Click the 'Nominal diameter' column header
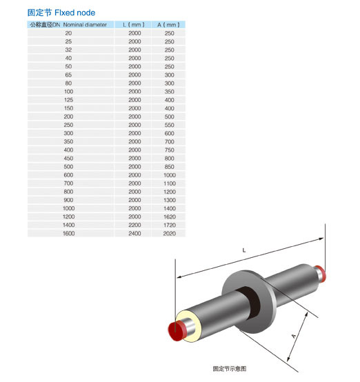click(x=85, y=25)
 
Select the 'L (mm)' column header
click(x=134, y=25)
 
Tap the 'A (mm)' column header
click(x=169, y=25)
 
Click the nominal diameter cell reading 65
click(x=68, y=74)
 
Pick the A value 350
click(x=170, y=92)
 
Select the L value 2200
click(x=134, y=225)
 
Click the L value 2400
click(x=134, y=233)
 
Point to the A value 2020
click(x=170, y=233)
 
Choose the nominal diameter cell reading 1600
click(x=69, y=233)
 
